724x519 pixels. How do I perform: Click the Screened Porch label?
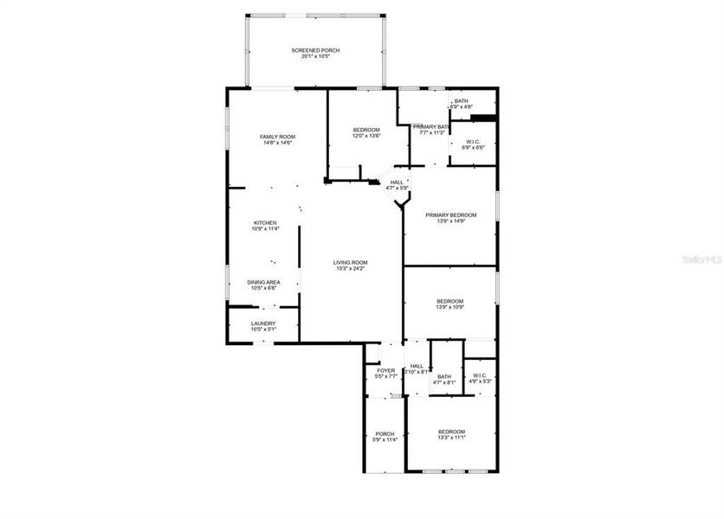[315, 51]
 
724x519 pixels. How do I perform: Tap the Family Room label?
[278, 137]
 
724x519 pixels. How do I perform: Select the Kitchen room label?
[265, 222]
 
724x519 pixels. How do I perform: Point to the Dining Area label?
[263, 282]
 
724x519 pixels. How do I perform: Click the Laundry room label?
[263, 324]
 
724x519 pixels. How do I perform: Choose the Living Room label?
[352, 262]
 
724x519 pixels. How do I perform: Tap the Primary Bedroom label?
[450, 215]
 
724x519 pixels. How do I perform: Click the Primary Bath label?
[430, 127]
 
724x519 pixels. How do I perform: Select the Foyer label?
[385, 370]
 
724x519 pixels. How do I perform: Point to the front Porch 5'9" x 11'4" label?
[385, 433]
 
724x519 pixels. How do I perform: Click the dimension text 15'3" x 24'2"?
[352, 268]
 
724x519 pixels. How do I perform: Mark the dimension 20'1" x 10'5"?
[315, 57]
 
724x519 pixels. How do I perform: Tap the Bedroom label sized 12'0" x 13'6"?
[365, 130]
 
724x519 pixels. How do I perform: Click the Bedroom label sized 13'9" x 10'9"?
[450, 301]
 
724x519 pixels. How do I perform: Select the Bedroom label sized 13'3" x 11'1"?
[451, 432]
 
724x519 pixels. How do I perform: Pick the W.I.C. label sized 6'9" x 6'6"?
[473, 142]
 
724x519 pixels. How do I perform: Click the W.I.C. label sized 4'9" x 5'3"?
[480, 375]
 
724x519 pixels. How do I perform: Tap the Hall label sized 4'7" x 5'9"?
[397, 182]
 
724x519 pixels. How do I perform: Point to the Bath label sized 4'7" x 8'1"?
[444, 376]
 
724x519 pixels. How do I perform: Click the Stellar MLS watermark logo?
[701, 258]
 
